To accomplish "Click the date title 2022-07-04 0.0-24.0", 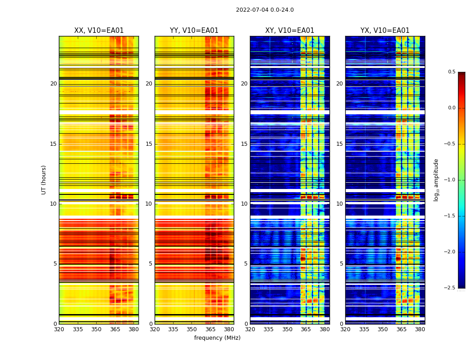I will pyautogui.click(x=265, y=10).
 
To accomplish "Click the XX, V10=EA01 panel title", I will pyautogui.click(x=99, y=31).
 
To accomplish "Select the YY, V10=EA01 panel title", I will pyautogui.click(x=194, y=31).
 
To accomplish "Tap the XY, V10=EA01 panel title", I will pyautogui.click(x=289, y=31).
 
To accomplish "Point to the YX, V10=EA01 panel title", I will pyautogui.click(x=385, y=31).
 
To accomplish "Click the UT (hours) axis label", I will pyautogui.click(x=44, y=180).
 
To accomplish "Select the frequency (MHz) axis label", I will pyautogui.click(x=217, y=338).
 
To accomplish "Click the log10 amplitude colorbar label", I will pyautogui.click(x=436, y=180).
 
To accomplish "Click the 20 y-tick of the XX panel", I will pyautogui.click(x=53, y=84).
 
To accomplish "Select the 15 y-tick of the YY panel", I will pyautogui.click(x=149, y=144).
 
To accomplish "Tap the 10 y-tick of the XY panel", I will pyautogui.click(x=244, y=204).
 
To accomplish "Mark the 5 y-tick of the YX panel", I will pyautogui.click(x=341, y=264).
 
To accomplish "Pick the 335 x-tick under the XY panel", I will pyautogui.click(x=268, y=329).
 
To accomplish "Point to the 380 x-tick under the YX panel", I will pyautogui.click(x=420, y=329).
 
